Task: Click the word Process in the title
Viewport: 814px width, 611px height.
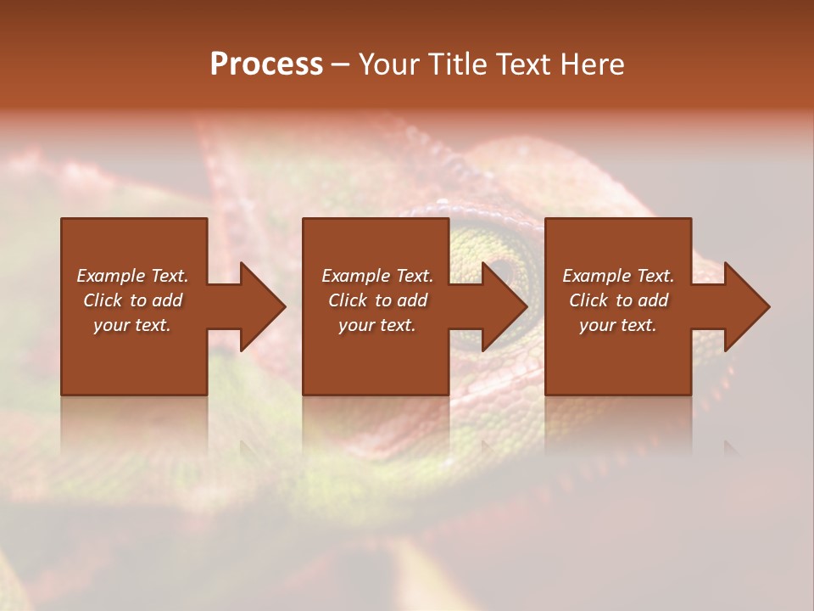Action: (x=266, y=64)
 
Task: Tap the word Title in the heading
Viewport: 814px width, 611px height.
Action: (x=455, y=64)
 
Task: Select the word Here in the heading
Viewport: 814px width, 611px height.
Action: (x=590, y=64)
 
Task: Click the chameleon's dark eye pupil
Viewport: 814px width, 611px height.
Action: (x=505, y=270)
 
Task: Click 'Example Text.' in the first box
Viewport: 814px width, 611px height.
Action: (x=132, y=276)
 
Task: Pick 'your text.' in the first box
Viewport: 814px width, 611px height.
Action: (x=132, y=325)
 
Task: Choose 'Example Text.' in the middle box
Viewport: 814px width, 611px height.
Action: (x=377, y=276)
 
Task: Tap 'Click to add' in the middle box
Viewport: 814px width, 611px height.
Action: (x=377, y=300)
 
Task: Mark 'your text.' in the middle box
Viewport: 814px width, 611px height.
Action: (x=377, y=325)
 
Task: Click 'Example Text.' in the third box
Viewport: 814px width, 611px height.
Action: (x=618, y=276)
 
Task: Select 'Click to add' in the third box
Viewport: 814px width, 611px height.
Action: (x=618, y=300)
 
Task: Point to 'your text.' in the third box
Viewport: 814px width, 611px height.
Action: (x=618, y=325)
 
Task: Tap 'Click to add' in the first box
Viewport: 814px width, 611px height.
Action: (x=132, y=300)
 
